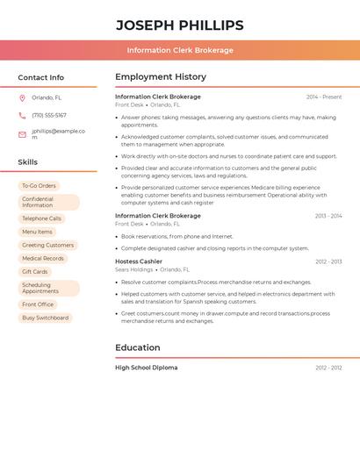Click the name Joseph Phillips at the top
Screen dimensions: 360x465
(x=179, y=25)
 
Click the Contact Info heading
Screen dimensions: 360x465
(x=40, y=77)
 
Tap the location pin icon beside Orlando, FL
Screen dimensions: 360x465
(x=22, y=97)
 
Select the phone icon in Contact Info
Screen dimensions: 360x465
(x=22, y=115)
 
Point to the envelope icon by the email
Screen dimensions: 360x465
(x=22, y=134)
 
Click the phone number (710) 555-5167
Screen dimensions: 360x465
(x=49, y=115)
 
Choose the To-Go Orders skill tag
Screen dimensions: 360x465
(x=39, y=185)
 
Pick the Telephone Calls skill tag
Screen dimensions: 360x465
(x=41, y=218)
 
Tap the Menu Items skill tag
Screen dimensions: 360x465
(x=37, y=232)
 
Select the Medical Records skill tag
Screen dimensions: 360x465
(x=43, y=258)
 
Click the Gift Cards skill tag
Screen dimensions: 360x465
(x=34, y=271)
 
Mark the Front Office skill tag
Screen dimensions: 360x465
(x=38, y=304)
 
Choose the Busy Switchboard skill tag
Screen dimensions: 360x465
(x=45, y=318)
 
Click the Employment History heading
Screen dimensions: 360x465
(x=161, y=77)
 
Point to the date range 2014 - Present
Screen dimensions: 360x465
(x=324, y=97)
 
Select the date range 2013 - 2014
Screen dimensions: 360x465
(x=328, y=216)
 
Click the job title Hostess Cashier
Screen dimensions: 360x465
(x=139, y=261)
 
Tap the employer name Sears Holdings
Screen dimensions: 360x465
(x=133, y=270)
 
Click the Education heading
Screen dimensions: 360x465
(x=138, y=347)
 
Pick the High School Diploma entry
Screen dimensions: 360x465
(x=146, y=368)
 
